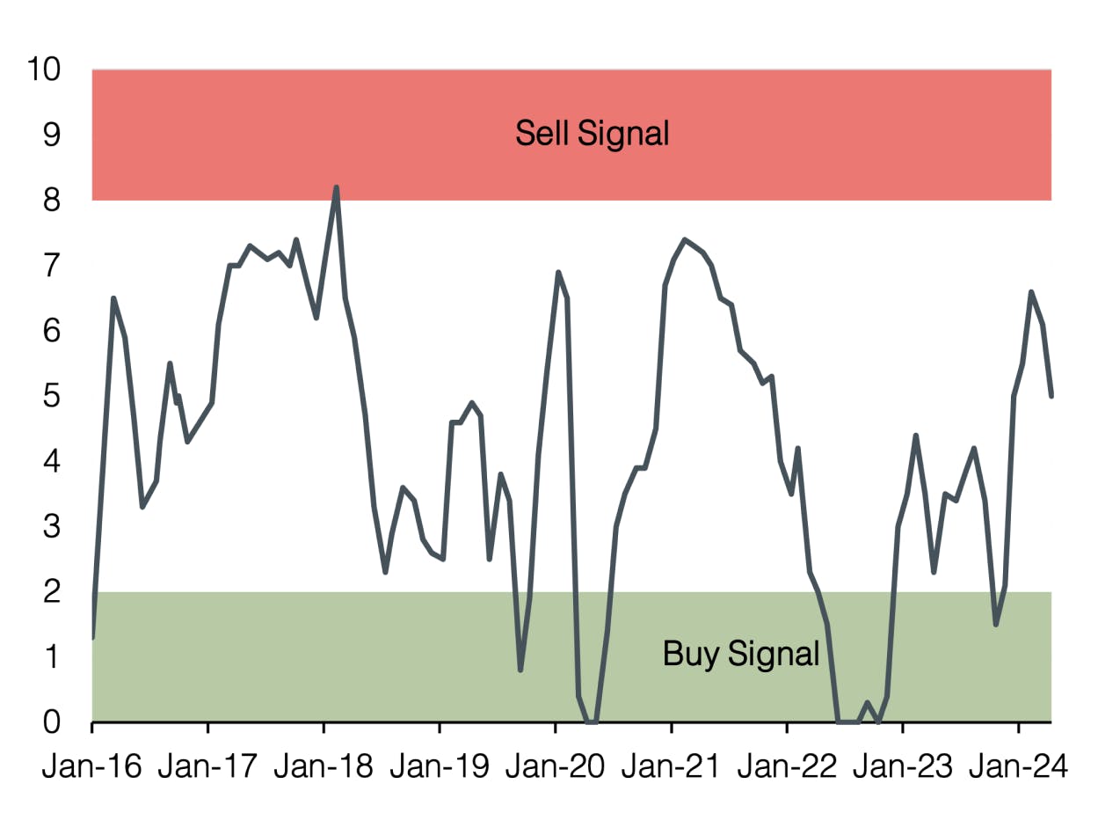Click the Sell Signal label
[x=592, y=134]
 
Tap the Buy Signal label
[x=740, y=655]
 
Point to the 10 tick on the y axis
[x=43, y=69]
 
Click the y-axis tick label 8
[x=52, y=200]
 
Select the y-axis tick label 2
[x=52, y=591]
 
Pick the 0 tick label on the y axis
[x=52, y=722]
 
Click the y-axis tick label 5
[x=52, y=396]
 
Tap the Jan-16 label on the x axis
[x=91, y=767]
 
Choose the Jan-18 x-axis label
[x=323, y=767]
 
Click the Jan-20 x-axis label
[x=555, y=767]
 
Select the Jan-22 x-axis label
[x=786, y=767]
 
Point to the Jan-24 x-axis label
[x=1018, y=767]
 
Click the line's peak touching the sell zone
[x=336, y=187]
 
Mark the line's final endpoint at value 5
[x=1051, y=396]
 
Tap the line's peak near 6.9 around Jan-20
[x=558, y=273]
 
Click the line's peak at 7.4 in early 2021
[x=685, y=239]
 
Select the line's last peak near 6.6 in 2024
[x=1031, y=292]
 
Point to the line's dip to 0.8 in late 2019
[x=520, y=670]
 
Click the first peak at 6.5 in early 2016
[x=113, y=298]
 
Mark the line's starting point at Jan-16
[x=92, y=637]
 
